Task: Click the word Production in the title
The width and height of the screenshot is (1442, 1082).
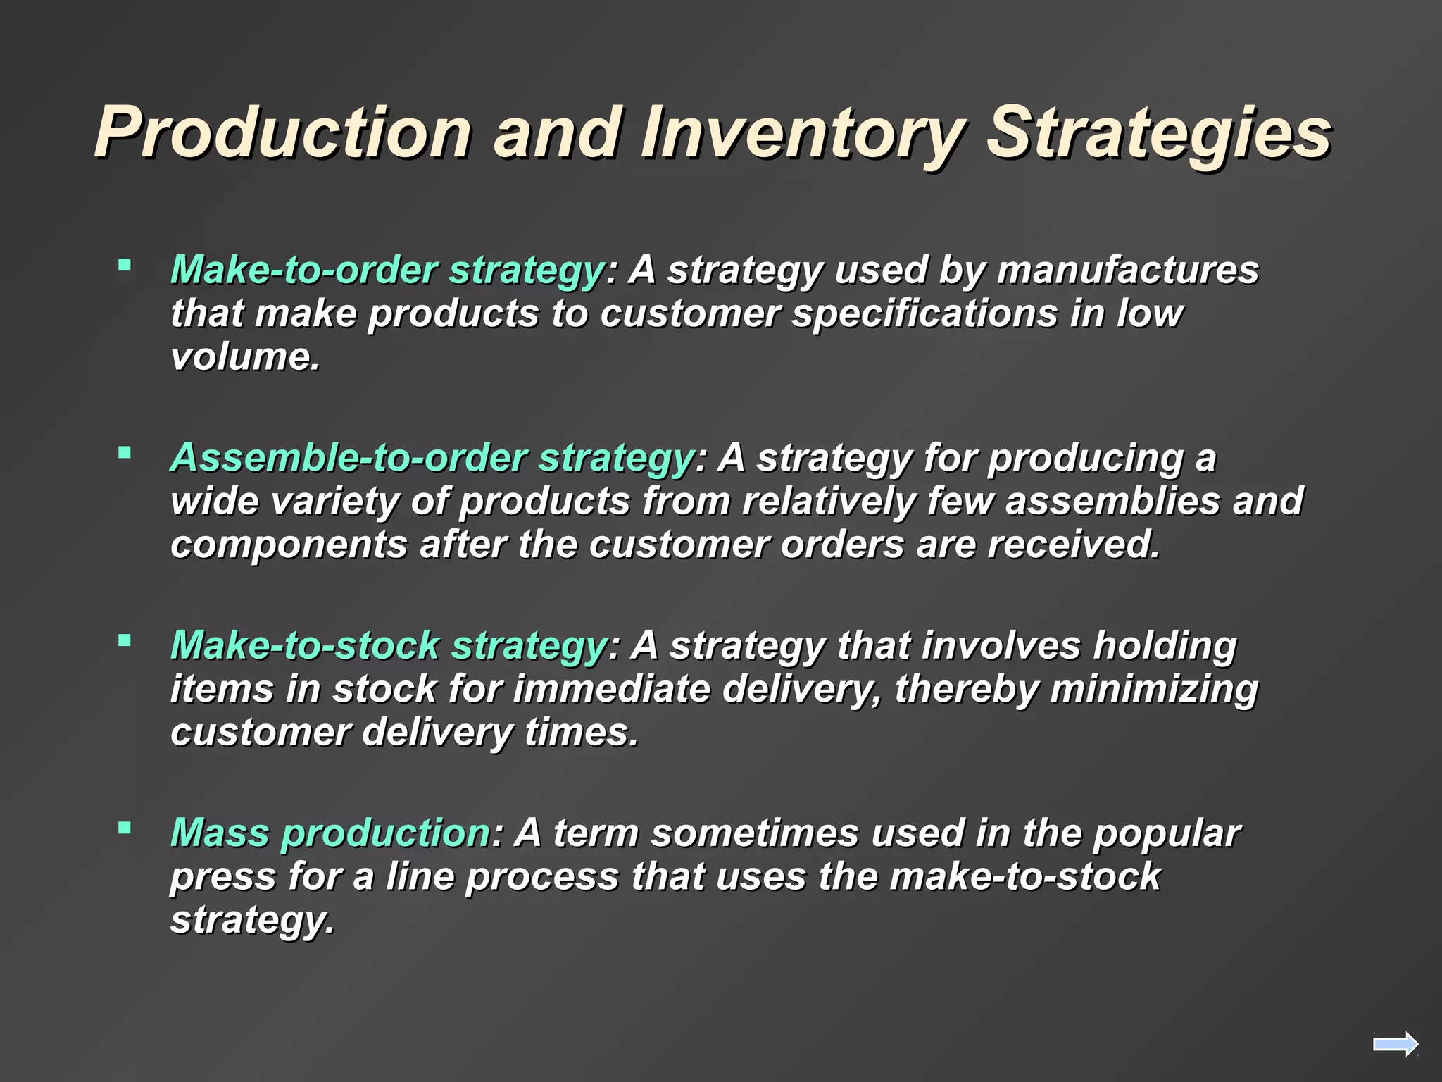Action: pos(282,132)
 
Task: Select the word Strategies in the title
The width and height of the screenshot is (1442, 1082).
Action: pos(1158,132)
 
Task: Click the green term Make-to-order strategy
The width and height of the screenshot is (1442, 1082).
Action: pos(387,270)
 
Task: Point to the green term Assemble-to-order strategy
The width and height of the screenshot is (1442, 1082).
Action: pos(432,458)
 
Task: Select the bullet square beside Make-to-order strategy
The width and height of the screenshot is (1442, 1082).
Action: pos(125,265)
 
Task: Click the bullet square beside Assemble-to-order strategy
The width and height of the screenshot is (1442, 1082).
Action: pos(125,452)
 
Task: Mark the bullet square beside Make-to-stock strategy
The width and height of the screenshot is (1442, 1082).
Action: pos(125,640)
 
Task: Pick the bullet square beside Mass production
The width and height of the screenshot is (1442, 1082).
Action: pos(125,828)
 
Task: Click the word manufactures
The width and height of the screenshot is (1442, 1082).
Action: pos(1127,270)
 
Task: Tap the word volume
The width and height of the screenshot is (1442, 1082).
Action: pos(245,357)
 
